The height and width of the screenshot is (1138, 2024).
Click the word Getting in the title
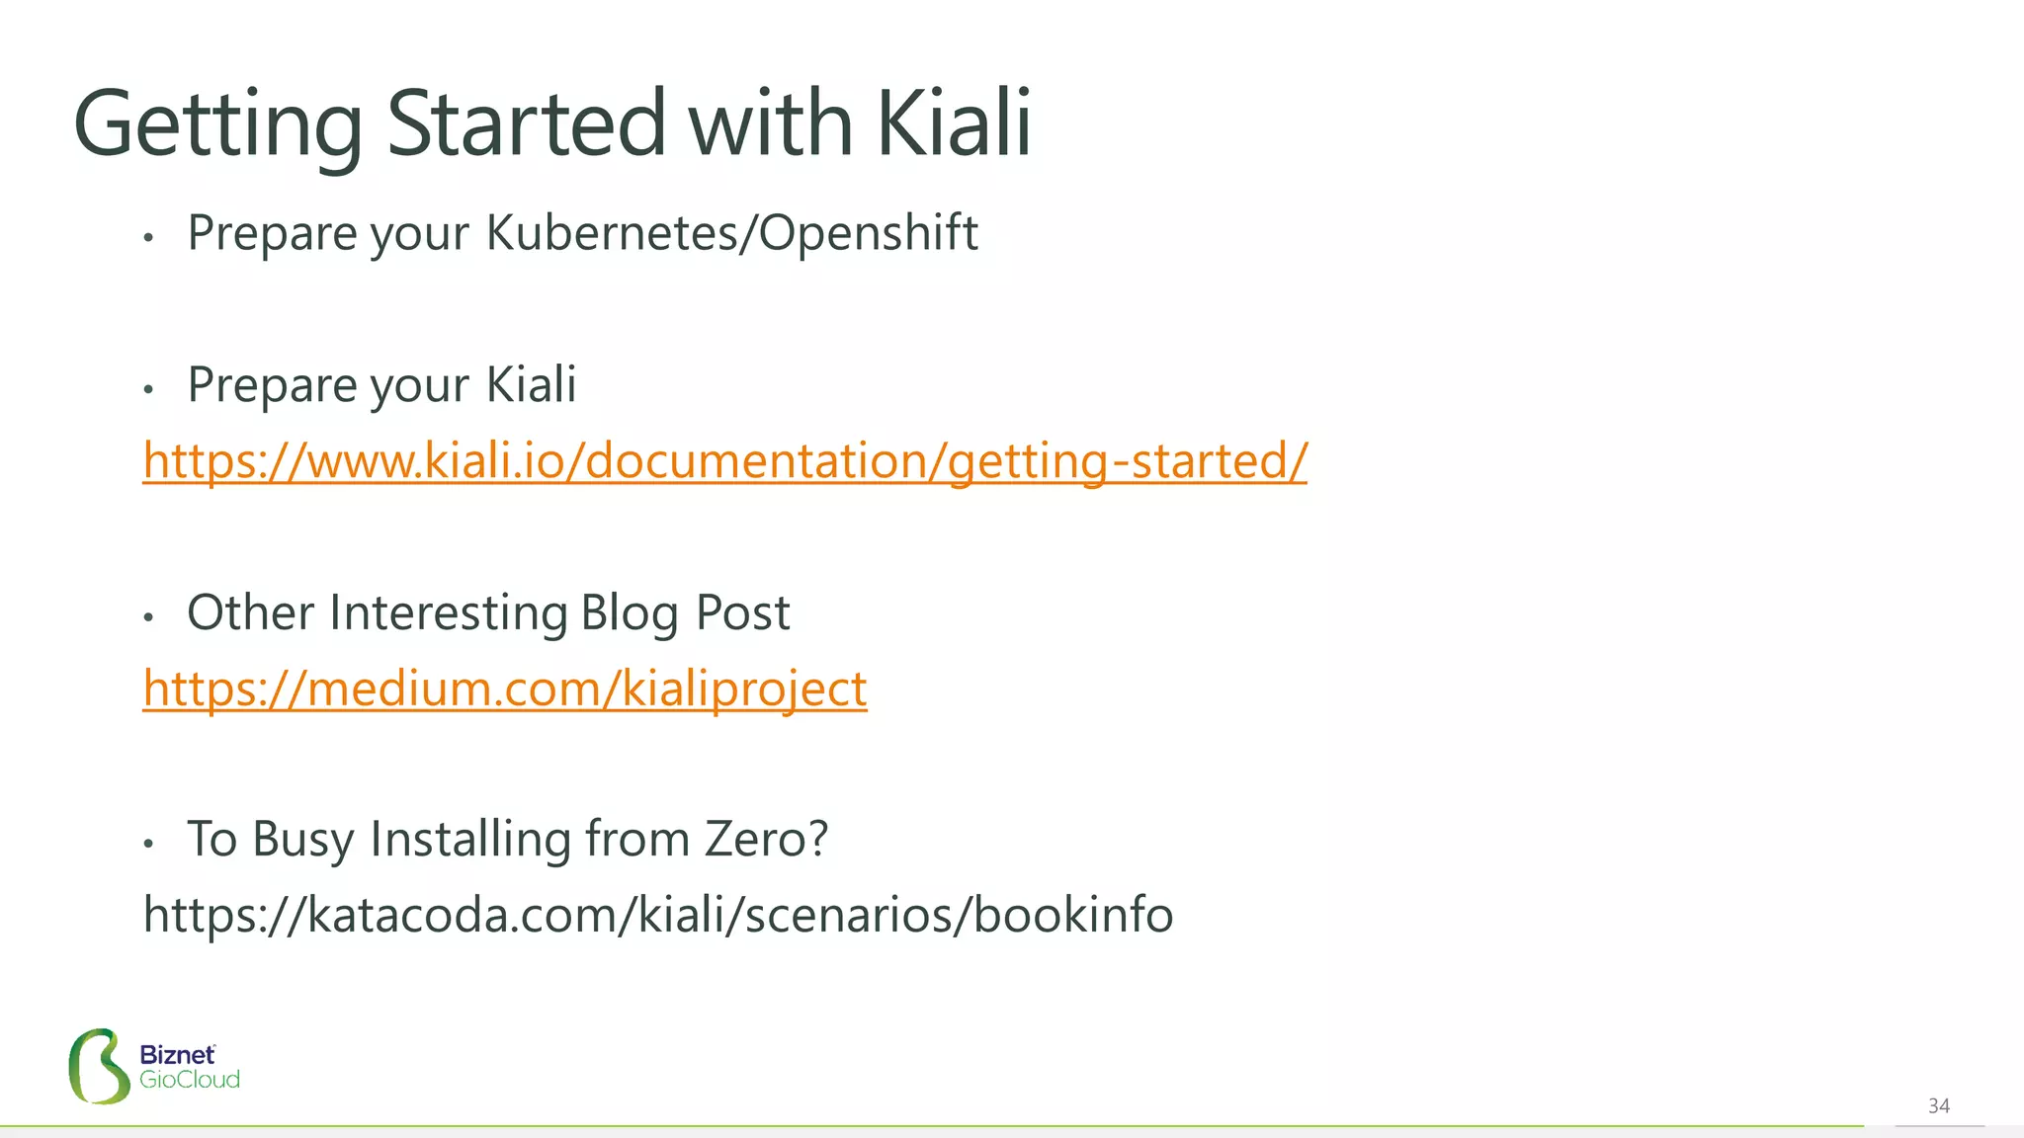pyautogui.click(x=217, y=124)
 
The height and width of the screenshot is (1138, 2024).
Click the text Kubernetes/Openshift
pyautogui.click(x=731, y=233)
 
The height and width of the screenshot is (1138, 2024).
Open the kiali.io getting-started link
pyautogui.click(x=724, y=460)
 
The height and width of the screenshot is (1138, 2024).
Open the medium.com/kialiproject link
pyautogui.click(x=505, y=688)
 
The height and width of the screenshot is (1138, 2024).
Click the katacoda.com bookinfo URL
pyautogui.click(x=658, y=914)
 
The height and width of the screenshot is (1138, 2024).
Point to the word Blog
pyautogui.click(x=630, y=612)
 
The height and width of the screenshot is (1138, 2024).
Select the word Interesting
pyautogui.click(x=448, y=612)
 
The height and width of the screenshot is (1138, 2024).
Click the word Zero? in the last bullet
pyautogui.click(x=766, y=839)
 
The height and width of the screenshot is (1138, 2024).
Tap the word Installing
pyautogui.click(x=470, y=839)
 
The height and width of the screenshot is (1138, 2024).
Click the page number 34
pyautogui.click(x=1938, y=1105)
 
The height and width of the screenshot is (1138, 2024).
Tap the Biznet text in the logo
pyautogui.click(x=177, y=1055)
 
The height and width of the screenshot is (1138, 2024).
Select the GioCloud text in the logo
pyautogui.click(x=190, y=1080)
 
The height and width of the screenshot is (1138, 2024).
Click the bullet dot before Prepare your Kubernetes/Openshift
pyautogui.click(x=148, y=237)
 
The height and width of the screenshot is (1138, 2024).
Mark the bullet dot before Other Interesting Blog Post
pyautogui.click(x=148, y=617)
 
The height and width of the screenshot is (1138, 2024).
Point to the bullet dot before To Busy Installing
pyautogui.click(x=148, y=844)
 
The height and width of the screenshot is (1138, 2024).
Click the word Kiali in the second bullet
pyautogui.click(x=532, y=384)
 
